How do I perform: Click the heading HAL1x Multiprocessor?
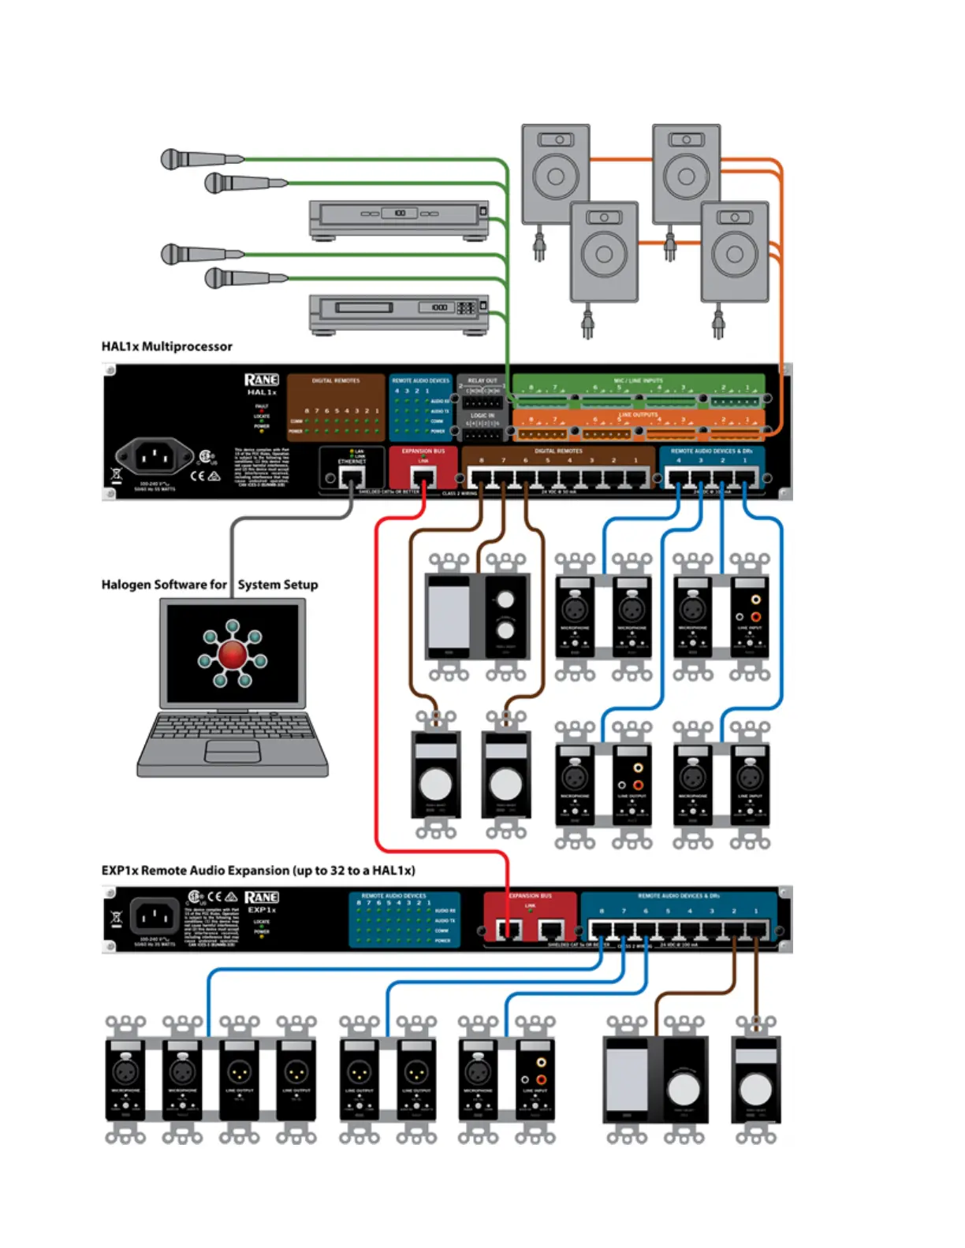166,346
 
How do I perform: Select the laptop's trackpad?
233,752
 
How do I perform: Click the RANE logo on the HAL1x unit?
261,380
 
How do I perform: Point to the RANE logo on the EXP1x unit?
261,897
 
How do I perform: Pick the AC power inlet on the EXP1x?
155,917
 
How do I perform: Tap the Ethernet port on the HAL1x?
352,477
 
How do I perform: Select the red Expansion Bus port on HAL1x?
423,477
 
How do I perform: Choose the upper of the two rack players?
399,218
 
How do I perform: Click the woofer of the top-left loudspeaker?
555,176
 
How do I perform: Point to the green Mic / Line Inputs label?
638,381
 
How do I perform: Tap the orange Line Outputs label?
638,414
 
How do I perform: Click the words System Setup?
278,585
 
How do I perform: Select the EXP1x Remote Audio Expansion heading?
258,871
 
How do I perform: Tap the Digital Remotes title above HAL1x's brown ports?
558,451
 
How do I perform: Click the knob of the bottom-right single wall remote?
755,1090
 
